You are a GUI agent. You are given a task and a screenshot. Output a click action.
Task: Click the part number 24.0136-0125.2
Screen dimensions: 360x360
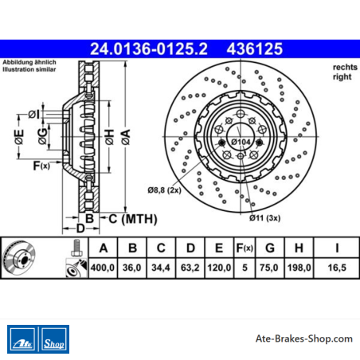tap(149, 49)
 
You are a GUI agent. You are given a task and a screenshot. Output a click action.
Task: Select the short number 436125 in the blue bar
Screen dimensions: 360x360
tap(255, 49)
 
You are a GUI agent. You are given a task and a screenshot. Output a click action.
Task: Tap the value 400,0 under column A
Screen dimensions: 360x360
tap(103, 268)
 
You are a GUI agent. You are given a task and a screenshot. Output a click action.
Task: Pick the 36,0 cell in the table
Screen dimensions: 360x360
tap(132, 268)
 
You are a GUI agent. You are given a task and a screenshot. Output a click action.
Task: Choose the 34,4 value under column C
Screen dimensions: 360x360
tap(161, 268)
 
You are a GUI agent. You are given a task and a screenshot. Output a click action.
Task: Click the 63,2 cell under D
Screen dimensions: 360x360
tap(190, 268)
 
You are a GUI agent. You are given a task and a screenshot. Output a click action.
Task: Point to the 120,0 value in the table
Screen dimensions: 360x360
tap(219, 268)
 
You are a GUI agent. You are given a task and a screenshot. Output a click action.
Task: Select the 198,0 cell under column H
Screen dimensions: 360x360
tap(299, 268)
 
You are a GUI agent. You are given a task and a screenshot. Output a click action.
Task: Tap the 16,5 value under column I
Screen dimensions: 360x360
tap(337, 268)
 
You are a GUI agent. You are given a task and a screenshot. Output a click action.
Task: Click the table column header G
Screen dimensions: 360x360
tap(270, 248)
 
